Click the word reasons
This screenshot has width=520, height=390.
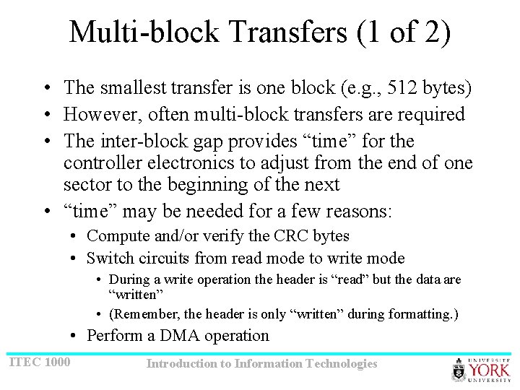357,212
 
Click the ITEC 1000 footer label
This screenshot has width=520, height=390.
40,361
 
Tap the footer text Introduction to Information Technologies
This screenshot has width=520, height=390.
261,364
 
